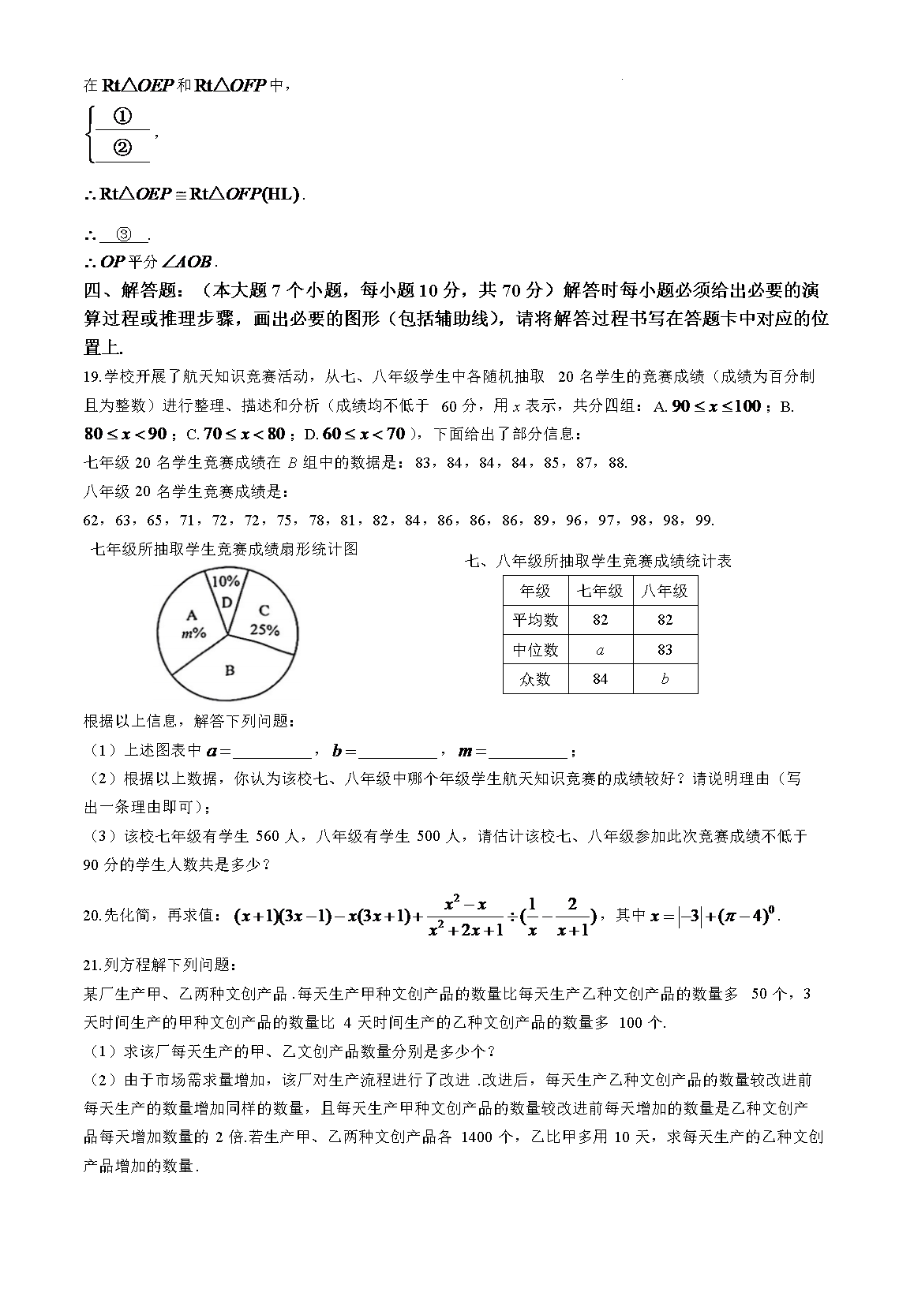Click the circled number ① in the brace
coord(122,117)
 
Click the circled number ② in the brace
coord(122,147)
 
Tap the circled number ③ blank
coord(125,234)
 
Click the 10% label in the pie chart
coord(226,581)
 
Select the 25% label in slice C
coord(264,629)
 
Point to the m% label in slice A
coord(193,633)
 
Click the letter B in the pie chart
coord(230,670)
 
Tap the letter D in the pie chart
coord(227,603)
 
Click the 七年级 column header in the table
coord(600,591)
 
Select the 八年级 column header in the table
coord(665,591)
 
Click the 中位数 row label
coord(535,649)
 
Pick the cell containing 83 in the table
coord(665,649)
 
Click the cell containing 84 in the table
coord(600,678)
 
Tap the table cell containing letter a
coord(600,649)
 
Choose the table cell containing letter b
coord(665,678)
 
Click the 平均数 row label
coord(535,620)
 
